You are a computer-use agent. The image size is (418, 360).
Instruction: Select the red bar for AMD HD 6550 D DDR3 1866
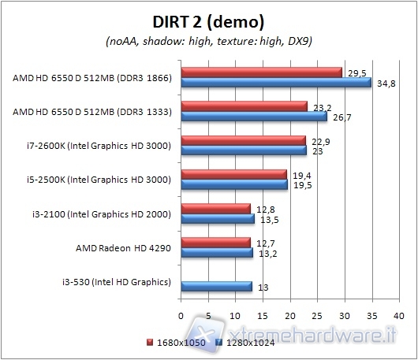(262, 72)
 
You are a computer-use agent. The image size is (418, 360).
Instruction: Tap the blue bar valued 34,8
(276, 82)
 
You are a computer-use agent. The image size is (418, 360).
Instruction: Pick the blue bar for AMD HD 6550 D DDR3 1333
(254, 117)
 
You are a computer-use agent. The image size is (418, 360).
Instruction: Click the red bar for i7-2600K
(244, 140)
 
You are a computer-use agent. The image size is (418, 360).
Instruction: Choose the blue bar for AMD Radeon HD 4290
(217, 253)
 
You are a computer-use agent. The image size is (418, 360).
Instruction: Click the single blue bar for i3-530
(217, 287)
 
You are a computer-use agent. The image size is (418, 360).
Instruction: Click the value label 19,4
(300, 175)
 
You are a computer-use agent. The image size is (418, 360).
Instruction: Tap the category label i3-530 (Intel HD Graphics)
(116, 281)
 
